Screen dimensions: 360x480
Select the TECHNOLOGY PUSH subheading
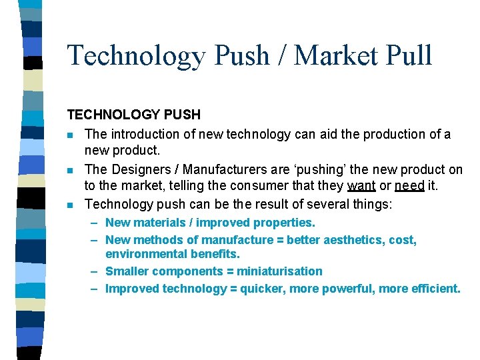click(133, 115)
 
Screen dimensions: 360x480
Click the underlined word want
click(361, 185)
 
